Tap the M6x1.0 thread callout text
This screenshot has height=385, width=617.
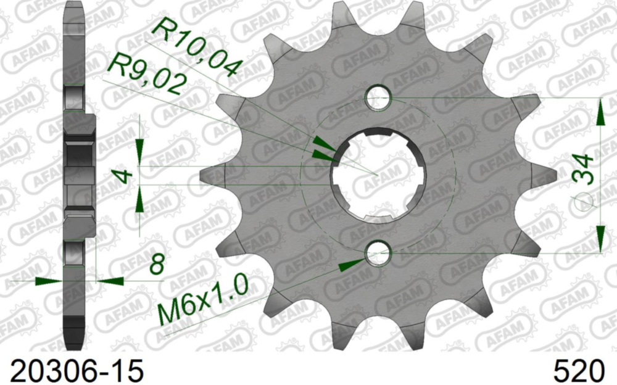click(204, 300)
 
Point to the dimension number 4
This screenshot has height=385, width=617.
click(125, 176)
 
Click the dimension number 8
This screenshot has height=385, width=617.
click(157, 267)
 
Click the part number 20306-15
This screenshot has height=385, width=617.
click(74, 370)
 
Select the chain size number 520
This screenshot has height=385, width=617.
click(579, 370)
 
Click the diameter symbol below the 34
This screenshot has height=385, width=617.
click(582, 201)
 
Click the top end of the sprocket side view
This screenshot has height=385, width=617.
click(73, 5)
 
